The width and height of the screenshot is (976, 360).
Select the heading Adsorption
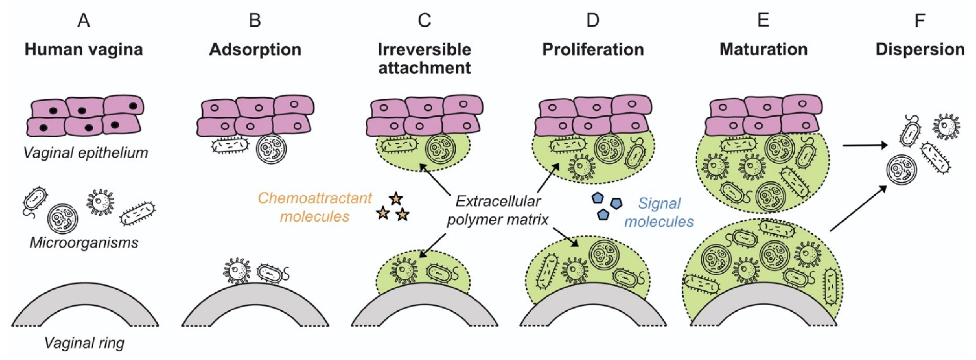[x=255, y=50]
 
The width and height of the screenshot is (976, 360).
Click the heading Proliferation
[x=593, y=50]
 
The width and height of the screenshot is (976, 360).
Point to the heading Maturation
[x=763, y=50]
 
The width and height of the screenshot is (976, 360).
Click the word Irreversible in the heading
[x=424, y=50]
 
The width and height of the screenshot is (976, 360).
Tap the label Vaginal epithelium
[x=86, y=153]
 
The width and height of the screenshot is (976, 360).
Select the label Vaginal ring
[x=84, y=343]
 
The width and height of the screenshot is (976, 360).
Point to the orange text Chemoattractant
[x=315, y=198]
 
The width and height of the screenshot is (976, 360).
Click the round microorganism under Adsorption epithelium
[x=271, y=149]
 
